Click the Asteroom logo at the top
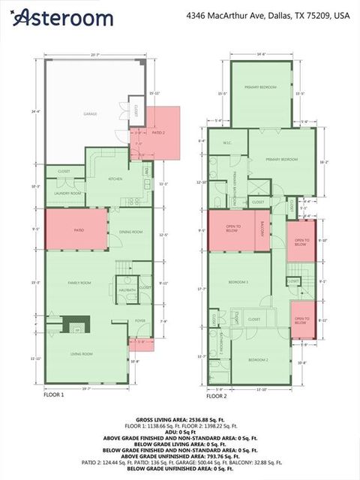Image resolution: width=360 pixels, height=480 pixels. (x=64, y=17)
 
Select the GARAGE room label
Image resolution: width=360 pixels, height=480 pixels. (x=90, y=115)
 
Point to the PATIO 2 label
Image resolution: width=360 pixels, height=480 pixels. (x=158, y=132)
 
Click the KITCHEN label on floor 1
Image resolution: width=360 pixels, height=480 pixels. (x=115, y=179)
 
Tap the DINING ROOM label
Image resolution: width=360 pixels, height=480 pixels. (x=130, y=232)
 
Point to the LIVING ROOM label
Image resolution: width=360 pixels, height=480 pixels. (x=82, y=353)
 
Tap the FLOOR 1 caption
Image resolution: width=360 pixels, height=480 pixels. (x=54, y=394)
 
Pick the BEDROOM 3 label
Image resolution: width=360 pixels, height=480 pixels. (x=238, y=282)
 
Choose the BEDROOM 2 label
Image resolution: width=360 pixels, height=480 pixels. (x=258, y=359)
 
